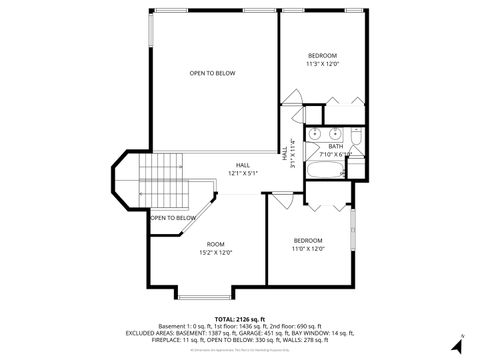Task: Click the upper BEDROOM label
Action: [x=322, y=54]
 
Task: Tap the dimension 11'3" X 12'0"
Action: [x=322, y=63]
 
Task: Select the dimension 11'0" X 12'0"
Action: [x=308, y=248]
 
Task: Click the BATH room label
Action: [x=334, y=146]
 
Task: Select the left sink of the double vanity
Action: [x=313, y=132]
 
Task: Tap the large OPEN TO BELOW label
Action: [x=212, y=73]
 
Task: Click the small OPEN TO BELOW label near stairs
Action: [x=173, y=217]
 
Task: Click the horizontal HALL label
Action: [x=243, y=165]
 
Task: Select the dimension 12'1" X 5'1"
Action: [x=243, y=174]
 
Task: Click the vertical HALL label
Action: [x=285, y=156]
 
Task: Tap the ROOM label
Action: [x=216, y=244]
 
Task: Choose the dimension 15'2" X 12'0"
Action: [x=216, y=253]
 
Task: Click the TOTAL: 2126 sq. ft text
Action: [x=240, y=317]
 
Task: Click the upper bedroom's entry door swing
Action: [x=292, y=97]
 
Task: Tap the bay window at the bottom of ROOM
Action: [x=205, y=295]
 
